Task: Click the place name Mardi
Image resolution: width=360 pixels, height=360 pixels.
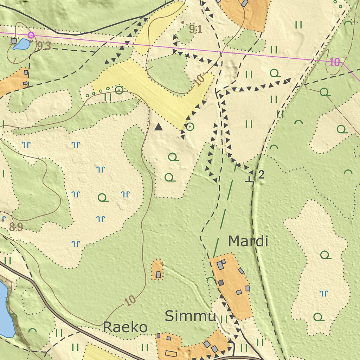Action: [x=248, y=242]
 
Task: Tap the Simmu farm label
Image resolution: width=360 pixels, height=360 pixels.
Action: [x=190, y=316]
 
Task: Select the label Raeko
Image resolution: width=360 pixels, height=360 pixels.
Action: [x=125, y=327]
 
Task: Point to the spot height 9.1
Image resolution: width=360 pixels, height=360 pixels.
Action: [x=195, y=30]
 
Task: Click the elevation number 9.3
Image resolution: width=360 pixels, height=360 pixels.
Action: [x=44, y=46]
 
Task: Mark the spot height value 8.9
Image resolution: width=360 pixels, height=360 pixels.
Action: [x=16, y=227]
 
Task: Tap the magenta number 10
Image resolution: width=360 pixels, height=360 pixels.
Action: [x=335, y=63]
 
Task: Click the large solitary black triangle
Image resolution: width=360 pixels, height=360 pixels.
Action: [x=159, y=127]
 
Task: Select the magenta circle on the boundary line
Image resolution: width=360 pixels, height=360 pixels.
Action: [x=31, y=35]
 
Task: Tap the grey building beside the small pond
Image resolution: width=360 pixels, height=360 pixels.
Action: [x=14, y=41]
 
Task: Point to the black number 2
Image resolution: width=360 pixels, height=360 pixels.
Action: [x=261, y=174]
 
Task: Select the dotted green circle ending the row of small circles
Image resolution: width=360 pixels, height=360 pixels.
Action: [x=119, y=90]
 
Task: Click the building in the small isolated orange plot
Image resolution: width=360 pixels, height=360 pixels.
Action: [x=158, y=274]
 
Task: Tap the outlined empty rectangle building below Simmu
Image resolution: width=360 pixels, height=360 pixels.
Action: [x=171, y=353]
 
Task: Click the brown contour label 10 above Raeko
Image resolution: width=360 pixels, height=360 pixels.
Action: [x=130, y=301]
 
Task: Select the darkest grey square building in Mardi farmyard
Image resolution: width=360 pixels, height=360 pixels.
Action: [x=220, y=283]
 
